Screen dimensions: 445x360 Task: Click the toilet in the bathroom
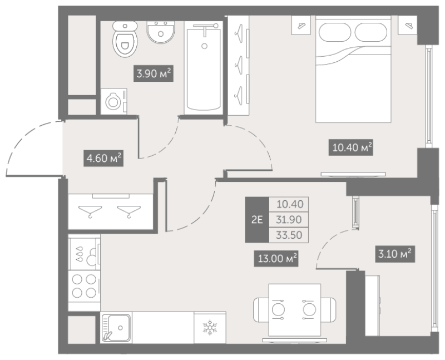125,39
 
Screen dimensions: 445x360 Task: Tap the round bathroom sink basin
161,32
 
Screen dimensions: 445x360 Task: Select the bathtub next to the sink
203,68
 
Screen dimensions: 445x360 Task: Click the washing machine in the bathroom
114,101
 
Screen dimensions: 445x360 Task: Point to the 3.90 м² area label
154,74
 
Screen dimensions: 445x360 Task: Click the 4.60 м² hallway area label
103,158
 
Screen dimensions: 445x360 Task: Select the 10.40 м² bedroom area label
350,147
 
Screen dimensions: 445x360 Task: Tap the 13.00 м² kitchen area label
276,258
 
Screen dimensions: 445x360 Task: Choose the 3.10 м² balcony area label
395,254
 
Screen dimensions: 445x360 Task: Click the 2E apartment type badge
257,220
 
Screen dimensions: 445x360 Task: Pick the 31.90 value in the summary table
289,219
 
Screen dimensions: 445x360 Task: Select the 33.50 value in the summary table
289,235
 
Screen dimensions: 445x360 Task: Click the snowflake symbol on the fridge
210,327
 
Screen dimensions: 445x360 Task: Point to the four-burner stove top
84,285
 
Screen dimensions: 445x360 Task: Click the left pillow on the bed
335,32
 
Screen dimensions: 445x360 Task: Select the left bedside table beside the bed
301,25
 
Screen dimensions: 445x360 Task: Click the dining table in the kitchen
295,310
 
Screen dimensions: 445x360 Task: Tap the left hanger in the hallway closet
90,211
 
